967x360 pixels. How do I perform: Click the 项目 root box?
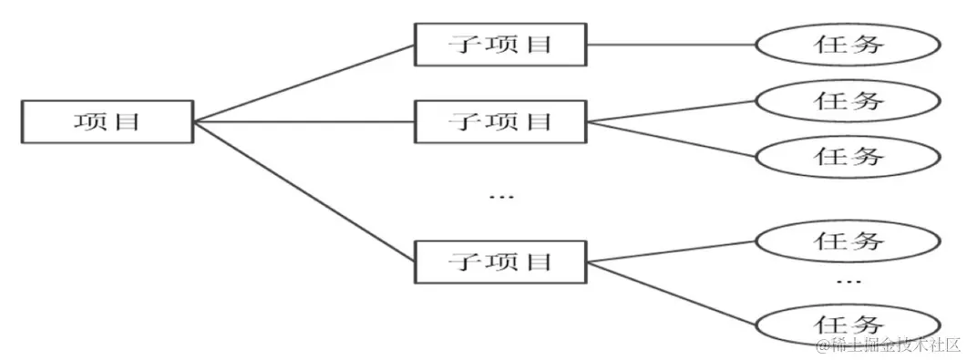pyautogui.click(x=108, y=121)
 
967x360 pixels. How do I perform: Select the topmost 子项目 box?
pyautogui.click(x=500, y=44)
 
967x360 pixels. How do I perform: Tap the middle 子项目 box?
pyautogui.click(x=500, y=121)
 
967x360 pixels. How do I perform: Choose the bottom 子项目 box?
pyautogui.click(x=500, y=262)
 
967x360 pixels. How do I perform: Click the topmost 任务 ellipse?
pyautogui.click(x=848, y=44)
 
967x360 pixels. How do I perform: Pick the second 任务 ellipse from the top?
pyautogui.click(x=848, y=99)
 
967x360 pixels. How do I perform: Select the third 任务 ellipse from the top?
pyautogui.click(x=848, y=156)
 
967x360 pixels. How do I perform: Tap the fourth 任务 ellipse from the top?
pyautogui.click(x=848, y=241)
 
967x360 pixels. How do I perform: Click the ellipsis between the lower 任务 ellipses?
pyautogui.click(x=848, y=283)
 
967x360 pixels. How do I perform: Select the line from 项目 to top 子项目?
pyautogui.click(x=304, y=82)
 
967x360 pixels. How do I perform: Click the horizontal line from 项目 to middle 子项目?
pyautogui.click(x=304, y=121)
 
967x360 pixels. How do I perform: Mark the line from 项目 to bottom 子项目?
pyautogui.click(x=304, y=191)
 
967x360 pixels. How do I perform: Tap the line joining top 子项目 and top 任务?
pyautogui.click(x=671, y=44)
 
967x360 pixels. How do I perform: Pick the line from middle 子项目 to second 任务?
pyautogui.click(x=671, y=110)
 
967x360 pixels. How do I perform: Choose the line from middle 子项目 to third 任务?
pyautogui.click(x=671, y=139)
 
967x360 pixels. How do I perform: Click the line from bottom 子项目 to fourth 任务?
pyautogui.click(x=671, y=252)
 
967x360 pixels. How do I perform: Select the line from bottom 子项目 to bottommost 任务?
pyautogui.click(x=671, y=292)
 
